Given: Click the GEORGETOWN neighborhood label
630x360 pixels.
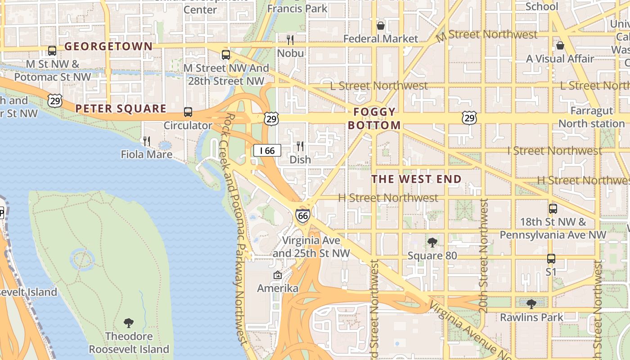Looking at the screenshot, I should click(108, 46).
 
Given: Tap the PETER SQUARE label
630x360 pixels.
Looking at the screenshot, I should click(121, 108).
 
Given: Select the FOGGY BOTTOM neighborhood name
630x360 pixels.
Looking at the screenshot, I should click(374, 119).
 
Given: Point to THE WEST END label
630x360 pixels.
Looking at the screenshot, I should click(416, 179).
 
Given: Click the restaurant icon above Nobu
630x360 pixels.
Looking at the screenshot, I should click(290, 40).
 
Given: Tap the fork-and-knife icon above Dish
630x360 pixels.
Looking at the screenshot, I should click(300, 146).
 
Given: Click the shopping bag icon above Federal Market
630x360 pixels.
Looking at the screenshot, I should click(381, 26).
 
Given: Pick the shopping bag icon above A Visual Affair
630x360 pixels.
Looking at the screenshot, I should click(560, 45).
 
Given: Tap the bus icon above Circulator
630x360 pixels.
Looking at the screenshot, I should click(188, 112).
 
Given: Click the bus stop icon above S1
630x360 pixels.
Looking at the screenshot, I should click(551, 259).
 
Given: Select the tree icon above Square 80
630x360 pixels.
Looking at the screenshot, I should click(432, 243).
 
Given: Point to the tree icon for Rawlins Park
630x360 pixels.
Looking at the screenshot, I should click(531, 304).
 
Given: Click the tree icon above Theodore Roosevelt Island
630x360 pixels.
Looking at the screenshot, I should click(129, 323).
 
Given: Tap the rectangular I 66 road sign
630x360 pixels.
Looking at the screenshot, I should click(267, 150).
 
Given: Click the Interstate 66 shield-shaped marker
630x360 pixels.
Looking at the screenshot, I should click(303, 216).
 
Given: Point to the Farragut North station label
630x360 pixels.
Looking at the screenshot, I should click(591, 117).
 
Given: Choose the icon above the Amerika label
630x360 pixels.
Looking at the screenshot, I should click(278, 275).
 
